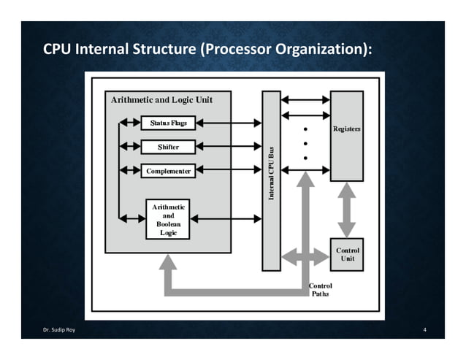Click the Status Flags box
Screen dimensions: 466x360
(x=168, y=123)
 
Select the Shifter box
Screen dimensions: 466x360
(x=168, y=147)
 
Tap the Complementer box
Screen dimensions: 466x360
(x=168, y=171)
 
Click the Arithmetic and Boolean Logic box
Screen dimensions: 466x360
(x=168, y=219)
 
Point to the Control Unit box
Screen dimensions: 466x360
(x=347, y=255)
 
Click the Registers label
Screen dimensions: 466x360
(x=346, y=129)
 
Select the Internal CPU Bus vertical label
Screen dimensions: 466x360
(x=271, y=174)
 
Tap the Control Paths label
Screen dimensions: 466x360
(x=321, y=290)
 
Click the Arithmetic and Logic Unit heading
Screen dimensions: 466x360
(x=161, y=100)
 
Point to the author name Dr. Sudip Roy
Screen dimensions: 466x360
(x=59, y=330)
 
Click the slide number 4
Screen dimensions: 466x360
(x=424, y=330)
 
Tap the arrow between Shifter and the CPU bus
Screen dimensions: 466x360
(x=229, y=146)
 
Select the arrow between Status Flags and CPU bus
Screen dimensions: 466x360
(x=229, y=123)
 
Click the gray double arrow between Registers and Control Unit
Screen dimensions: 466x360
(x=347, y=210)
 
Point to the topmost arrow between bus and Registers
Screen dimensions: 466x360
(x=305, y=100)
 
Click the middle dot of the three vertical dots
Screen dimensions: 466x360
(x=305, y=143)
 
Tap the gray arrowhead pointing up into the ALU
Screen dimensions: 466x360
(x=168, y=262)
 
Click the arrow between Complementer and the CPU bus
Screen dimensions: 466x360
(x=229, y=169)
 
